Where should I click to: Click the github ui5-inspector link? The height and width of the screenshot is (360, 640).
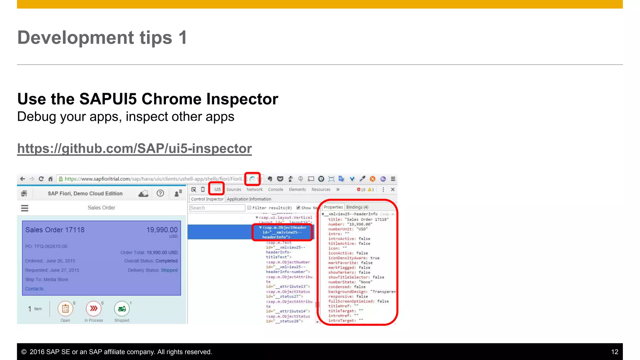click(x=134, y=149)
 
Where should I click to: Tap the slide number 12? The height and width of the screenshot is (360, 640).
click(x=614, y=352)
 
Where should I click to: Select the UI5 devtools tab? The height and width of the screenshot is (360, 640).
click(x=217, y=189)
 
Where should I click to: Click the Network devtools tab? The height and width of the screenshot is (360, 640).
click(x=254, y=189)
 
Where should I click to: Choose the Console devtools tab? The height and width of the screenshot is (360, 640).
click(x=275, y=189)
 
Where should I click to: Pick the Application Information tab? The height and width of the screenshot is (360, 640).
click(x=249, y=199)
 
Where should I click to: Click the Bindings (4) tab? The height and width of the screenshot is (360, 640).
click(x=357, y=207)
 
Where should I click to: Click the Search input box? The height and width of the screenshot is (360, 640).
click(x=217, y=208)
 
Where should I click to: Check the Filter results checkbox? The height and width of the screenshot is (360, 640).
click(x=249, y=208)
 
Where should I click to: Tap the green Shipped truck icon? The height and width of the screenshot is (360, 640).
click(x=122, y=309)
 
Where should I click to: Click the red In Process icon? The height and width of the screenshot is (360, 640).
click(x=93, y=309)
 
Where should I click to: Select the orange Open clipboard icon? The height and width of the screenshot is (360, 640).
click(x=65, y=309)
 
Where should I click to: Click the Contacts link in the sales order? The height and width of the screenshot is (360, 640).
click(x=34, y=289)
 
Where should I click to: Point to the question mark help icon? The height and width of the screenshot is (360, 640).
click(x=160, y=193)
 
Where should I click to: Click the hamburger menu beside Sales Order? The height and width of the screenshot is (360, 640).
click(x=25, y=208)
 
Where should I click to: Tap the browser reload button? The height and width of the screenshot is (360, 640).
click(x=41, y=179)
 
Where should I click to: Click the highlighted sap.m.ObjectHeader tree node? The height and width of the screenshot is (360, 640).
click(x=282, y=232)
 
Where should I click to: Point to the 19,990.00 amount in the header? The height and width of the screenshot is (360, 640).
click(x=162, y=230)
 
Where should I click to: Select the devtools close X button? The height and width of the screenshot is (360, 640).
click(x=393, y=189)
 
